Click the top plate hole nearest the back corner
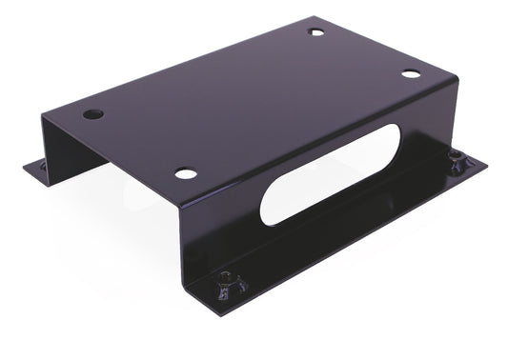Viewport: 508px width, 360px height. pyautogui.click(x=316, y=31)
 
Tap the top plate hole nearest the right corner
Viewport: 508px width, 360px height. pyautogui.click(x=410, y=73)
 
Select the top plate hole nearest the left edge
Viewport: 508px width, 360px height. pyautogui.click(x=92, y=113)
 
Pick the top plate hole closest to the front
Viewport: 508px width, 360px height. pyautogui.click(x=186, y=173)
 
